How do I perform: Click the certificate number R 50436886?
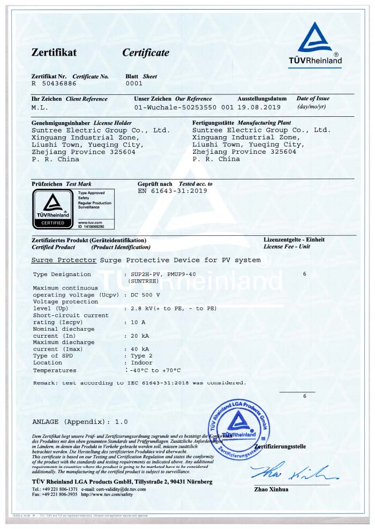tap(54, 84)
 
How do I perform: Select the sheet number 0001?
tap(133, 84)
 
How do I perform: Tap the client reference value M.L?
tap(40, 107)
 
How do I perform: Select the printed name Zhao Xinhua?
tap(271, 489)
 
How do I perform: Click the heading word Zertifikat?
tap(54, 53)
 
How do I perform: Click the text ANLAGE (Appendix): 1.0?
tap(80, 422)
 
